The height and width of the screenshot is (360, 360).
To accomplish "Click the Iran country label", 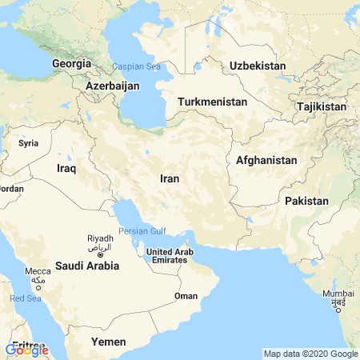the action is point(169,178).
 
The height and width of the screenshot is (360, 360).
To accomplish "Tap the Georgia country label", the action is point(70,62).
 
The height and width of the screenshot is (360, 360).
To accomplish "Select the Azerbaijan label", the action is point(112,85).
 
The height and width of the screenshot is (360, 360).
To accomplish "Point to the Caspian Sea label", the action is point(136,66).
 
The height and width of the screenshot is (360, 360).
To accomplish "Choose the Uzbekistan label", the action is point(258,65).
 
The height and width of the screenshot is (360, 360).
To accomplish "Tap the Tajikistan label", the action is point(321,106).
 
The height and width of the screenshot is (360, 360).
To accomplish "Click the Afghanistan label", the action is point(266,160).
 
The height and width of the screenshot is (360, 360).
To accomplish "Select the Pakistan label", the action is point(306,200).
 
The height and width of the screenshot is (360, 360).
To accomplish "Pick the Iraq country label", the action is point(66,168).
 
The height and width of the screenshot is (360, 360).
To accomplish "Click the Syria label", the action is point(29,143).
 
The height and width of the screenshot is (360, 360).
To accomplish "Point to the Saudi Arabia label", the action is point(86,265).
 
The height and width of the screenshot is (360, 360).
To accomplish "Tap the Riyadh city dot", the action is point(100,254).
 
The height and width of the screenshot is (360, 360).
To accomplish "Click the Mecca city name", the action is point(38,271).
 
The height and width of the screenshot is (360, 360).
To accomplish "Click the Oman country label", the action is point(186,296).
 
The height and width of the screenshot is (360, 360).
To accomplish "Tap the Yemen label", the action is point(109,342).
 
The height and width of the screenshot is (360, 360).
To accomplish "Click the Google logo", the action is point(26,350).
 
